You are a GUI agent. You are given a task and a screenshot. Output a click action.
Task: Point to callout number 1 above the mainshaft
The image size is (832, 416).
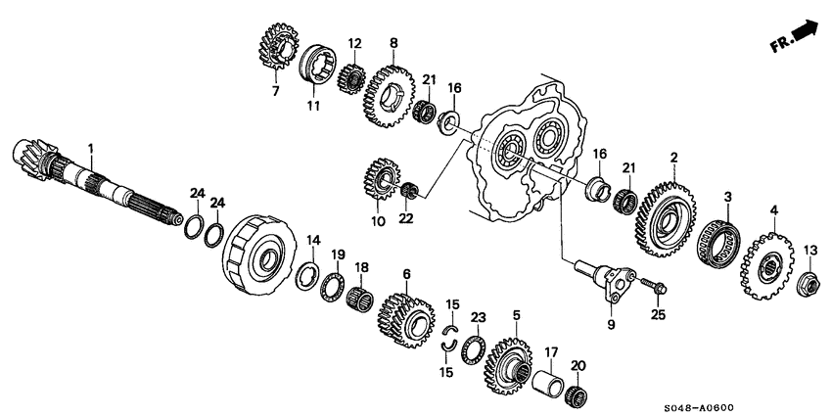(x=90, y=149)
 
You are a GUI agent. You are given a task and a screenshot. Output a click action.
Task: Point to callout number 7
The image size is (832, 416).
(x=276, y=91)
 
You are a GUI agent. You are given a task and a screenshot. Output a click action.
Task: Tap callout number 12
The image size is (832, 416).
(x=354, y=43)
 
